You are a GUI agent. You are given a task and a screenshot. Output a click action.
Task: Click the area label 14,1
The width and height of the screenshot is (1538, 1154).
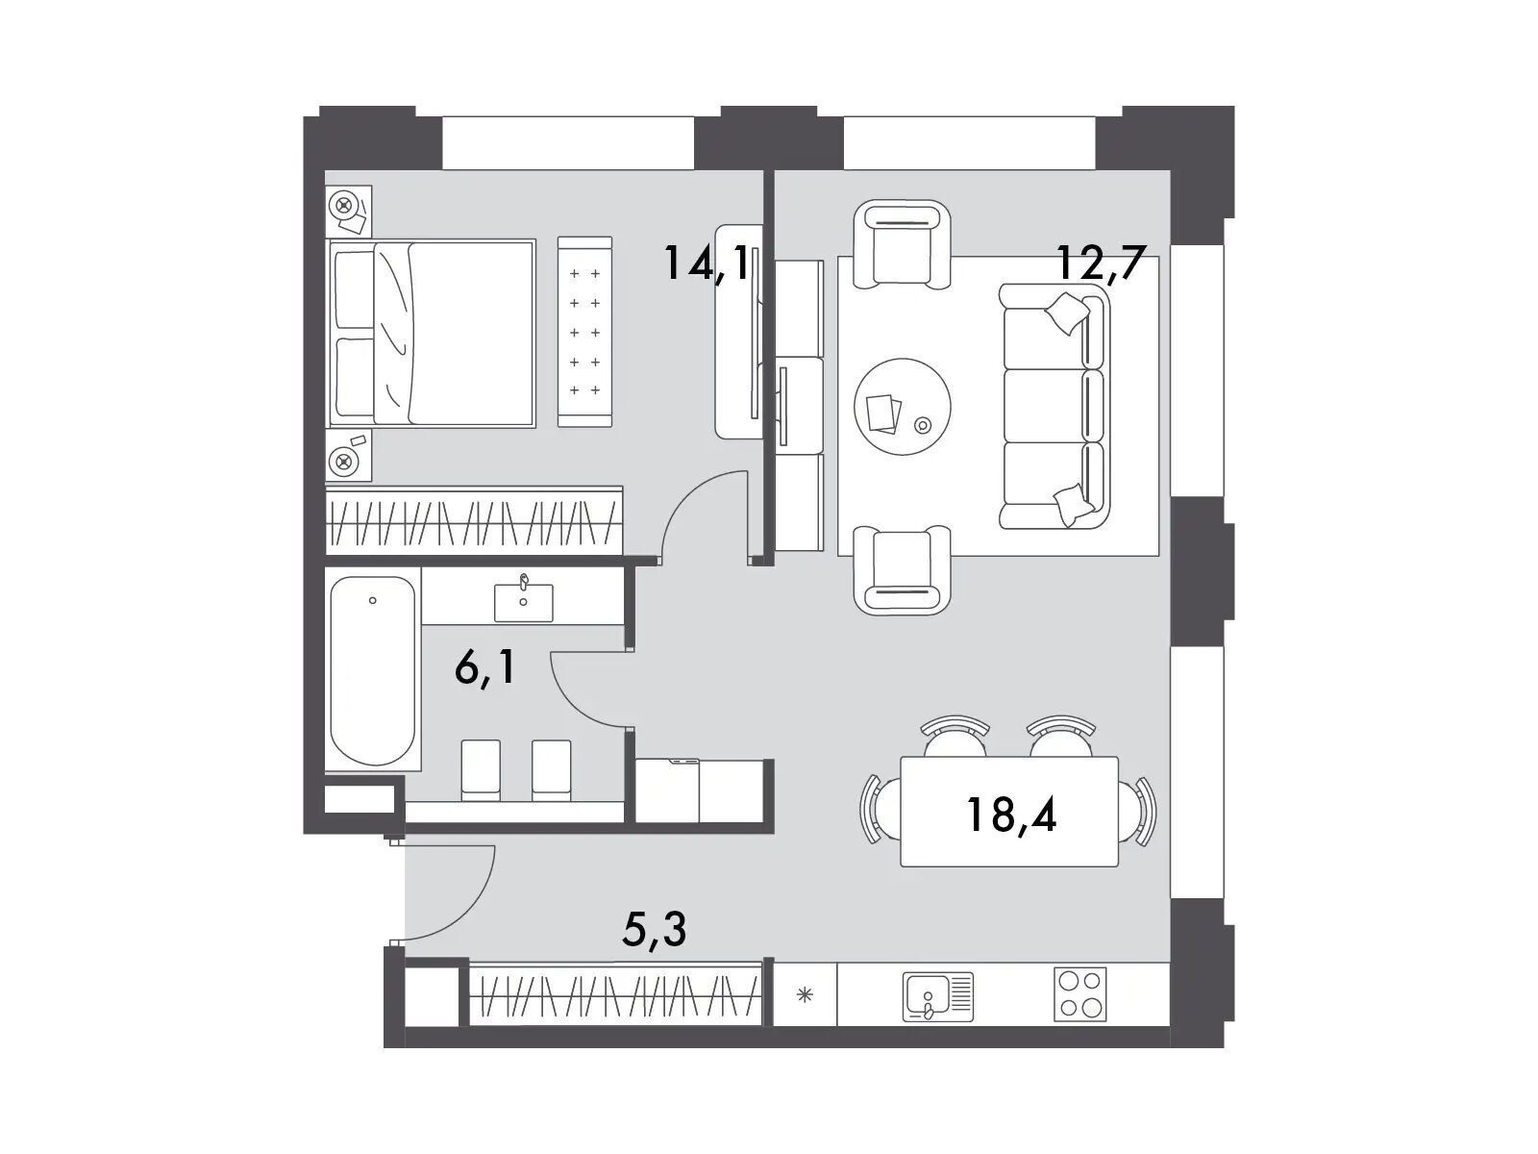pyautogui.click(x=710, y=263)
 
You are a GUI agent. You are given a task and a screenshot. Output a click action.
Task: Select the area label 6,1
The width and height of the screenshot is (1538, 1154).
pyautogui.click(x=484, y=668)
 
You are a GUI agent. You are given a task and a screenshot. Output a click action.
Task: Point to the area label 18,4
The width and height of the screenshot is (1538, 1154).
pyautogui.click(x=1011, y=815)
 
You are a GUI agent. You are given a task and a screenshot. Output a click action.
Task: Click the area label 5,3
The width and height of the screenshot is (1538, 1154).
pyautogui.click(x=655, y=928)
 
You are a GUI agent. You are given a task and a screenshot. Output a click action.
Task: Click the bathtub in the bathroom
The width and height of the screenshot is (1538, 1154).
pyautogui.click(x=373, y=672)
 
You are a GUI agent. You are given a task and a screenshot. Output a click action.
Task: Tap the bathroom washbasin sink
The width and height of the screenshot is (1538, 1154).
pyautogui.click(x=524, y=601)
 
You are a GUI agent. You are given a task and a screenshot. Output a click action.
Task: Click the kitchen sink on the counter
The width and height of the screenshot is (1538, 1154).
pyautogui.click(x=937, y=994)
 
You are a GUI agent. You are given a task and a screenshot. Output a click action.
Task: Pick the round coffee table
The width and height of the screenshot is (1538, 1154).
pyautogui.click(x=903, y=407)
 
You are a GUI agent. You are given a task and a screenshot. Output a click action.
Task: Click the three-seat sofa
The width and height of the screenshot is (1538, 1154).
pyautogui.click(x=1054, y=407)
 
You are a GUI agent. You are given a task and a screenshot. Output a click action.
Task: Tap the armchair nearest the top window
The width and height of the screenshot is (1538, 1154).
pyautogui.click(x=903, y=244)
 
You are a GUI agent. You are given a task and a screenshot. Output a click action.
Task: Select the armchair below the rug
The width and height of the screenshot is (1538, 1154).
pyautogui.click(x=903, y=570)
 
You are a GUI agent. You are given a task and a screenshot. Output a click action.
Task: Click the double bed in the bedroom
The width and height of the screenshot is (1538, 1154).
pyautogui.click(x=432, y=334)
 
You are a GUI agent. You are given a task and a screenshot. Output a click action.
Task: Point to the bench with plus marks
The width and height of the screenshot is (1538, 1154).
pyautogui.click(x=585, y=332)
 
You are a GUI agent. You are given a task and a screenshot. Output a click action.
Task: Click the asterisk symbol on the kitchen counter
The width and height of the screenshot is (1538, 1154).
pyautogui.click(x=805, y=994)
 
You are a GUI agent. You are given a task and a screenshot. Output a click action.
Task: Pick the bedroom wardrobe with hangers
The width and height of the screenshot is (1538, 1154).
pyautogui.click(x=474, y=522)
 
